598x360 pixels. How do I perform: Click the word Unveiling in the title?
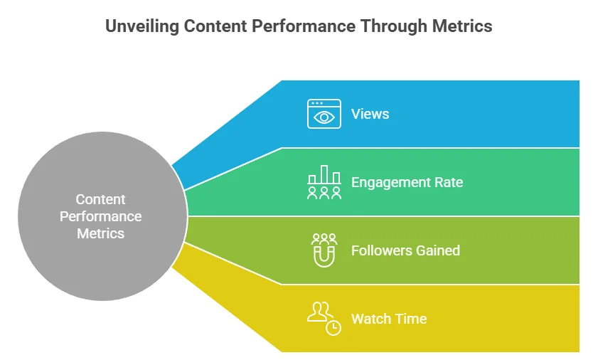139,27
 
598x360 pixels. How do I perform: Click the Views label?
370,114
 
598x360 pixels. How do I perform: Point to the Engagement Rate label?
407,182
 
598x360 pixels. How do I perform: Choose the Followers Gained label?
405,250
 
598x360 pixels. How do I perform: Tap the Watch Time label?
389,319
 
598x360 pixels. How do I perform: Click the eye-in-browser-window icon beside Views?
324,114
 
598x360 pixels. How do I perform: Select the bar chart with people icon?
324,182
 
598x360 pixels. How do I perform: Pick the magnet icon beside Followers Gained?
324,250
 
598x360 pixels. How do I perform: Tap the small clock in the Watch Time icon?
333,327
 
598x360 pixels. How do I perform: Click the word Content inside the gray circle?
101,200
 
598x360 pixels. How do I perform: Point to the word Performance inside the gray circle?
101,216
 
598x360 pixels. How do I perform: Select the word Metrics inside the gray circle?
101,233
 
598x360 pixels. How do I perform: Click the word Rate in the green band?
447,182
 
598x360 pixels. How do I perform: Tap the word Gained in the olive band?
437,250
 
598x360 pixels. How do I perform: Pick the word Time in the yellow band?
412,319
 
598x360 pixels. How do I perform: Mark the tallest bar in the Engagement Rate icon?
324,174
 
